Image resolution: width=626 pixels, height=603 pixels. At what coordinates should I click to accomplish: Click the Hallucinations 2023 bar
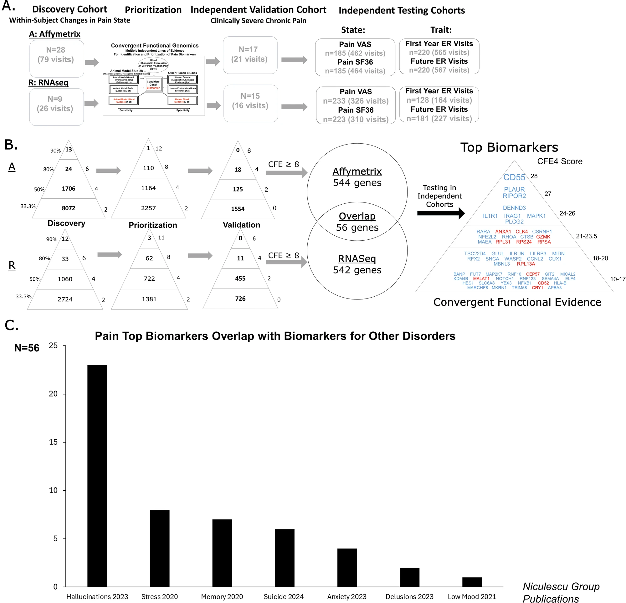pos(97,476)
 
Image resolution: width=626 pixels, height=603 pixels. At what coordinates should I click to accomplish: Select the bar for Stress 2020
pos(159,548)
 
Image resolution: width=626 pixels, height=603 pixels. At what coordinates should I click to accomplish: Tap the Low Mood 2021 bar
pos(472,582)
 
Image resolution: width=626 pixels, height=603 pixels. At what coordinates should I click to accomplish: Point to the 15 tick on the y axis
pos(53,442)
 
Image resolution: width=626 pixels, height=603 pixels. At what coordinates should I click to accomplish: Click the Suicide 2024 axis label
pos(283,597)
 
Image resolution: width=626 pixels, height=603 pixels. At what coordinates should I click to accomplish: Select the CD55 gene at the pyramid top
pos(514,177)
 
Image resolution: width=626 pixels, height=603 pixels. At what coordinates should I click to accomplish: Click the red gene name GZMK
pos(543,237)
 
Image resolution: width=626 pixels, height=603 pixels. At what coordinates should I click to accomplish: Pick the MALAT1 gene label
pos(481,279)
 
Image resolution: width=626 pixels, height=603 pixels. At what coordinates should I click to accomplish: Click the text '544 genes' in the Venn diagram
pos(357,183)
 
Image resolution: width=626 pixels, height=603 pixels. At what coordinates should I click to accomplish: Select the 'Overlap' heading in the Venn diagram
pos(357,216)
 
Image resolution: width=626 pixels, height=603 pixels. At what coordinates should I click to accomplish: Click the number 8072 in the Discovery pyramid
pos(68,208)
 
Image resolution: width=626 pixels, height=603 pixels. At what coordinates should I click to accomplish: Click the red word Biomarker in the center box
pos(153,88)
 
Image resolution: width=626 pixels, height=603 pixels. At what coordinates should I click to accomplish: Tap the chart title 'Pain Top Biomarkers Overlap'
pos(275,336)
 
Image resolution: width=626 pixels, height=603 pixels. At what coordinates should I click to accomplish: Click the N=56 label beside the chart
pos(27,348)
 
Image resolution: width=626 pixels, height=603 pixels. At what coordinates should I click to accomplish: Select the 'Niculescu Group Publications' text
pos(561,592)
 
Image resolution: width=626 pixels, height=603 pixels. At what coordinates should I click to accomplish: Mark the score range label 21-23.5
pos(586,236)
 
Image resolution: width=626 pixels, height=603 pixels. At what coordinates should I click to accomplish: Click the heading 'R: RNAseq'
pos(49,83)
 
